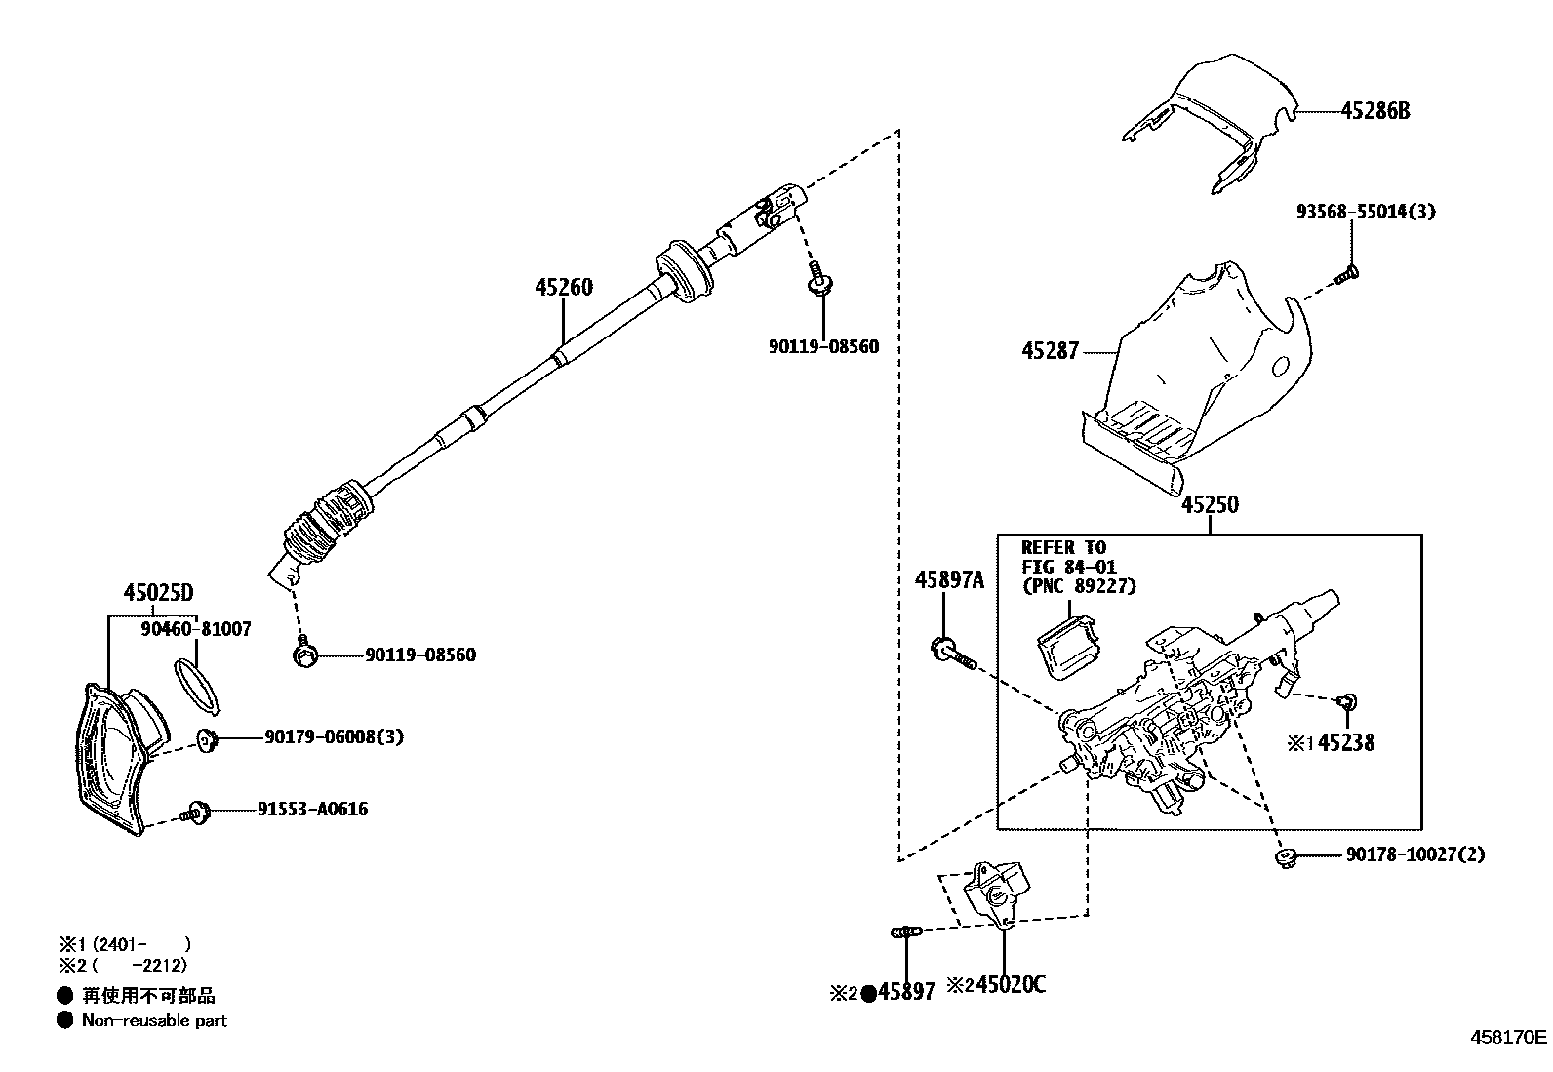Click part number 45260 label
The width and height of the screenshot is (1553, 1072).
564,288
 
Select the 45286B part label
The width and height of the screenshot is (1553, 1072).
1374,111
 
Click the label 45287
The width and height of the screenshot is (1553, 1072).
1050,351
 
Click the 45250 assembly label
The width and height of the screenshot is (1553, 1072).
1210,505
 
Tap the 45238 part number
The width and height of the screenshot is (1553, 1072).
1346,743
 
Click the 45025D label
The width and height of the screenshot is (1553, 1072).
158,592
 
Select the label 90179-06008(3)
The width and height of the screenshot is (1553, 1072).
334,737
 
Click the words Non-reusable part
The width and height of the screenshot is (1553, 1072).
154,1020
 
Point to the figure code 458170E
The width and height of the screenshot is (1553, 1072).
1508,1037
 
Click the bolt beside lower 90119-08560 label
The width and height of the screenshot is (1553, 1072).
305,655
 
